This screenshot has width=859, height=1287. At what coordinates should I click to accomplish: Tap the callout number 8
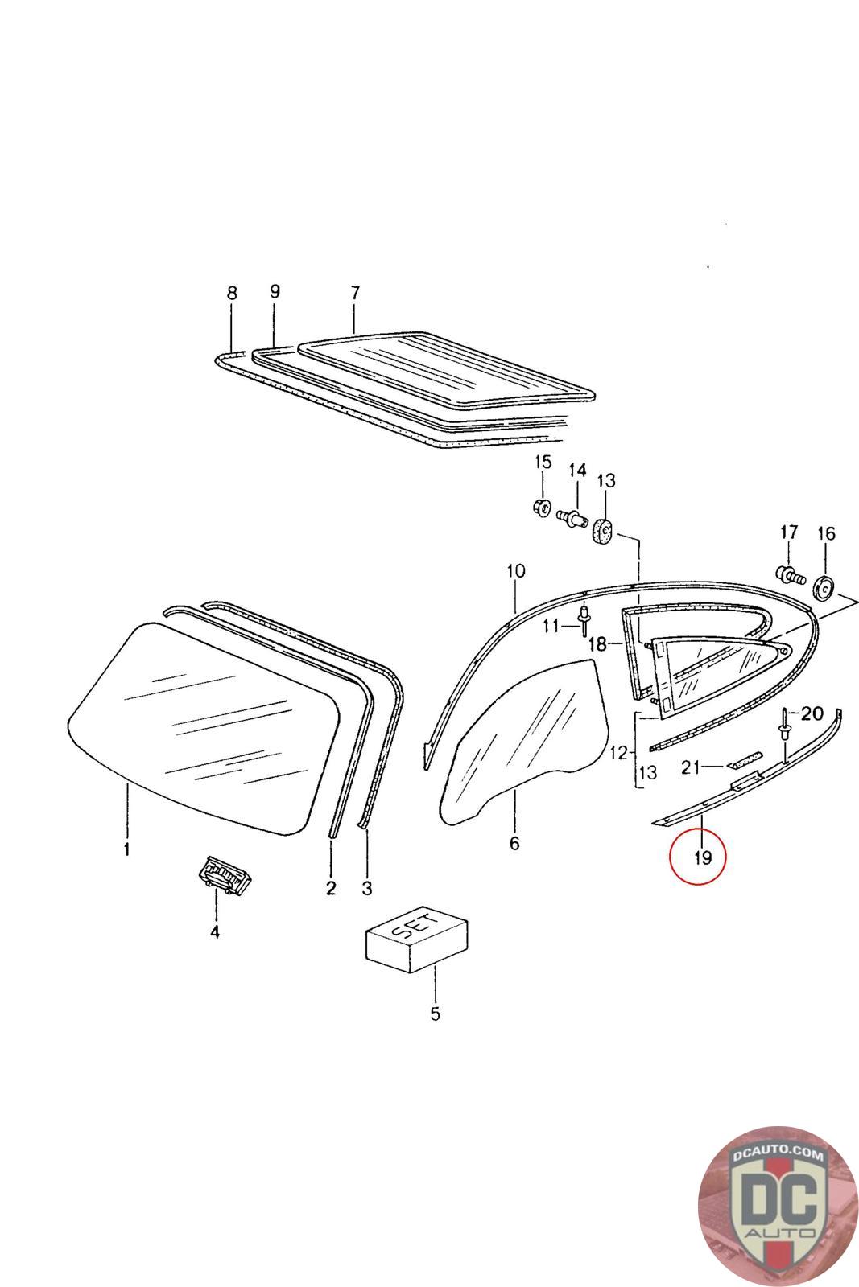click(x=232, y=294)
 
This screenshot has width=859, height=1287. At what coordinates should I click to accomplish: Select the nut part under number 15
click(x=542, y=508)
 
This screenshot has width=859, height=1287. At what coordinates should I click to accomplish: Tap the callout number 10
click(x=516, y=571)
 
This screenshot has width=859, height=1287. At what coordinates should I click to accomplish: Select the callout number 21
click(x=690, y=767)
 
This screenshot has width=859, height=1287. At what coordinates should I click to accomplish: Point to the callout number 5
click(x=435, y=1014)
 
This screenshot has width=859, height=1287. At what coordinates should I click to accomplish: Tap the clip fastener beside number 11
click(x=584, y=623)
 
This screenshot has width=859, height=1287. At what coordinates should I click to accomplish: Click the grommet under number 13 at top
click(x=604, y=531)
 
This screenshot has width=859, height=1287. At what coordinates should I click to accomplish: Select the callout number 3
click(x=367, y=888)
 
